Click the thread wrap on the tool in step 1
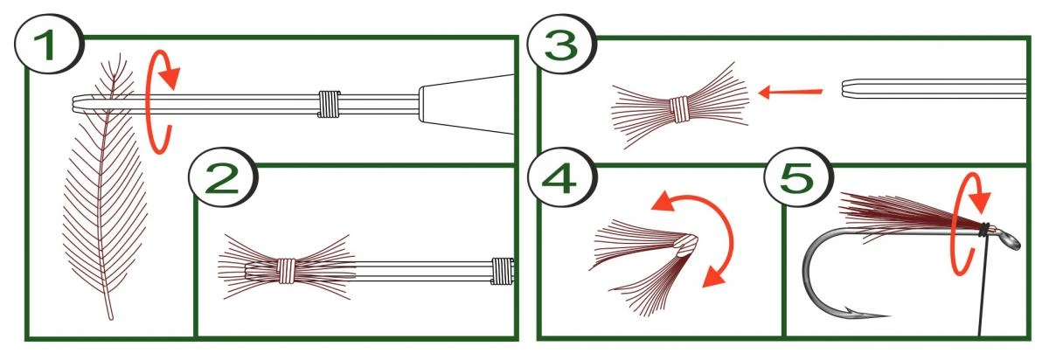click(x=328, y=104)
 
